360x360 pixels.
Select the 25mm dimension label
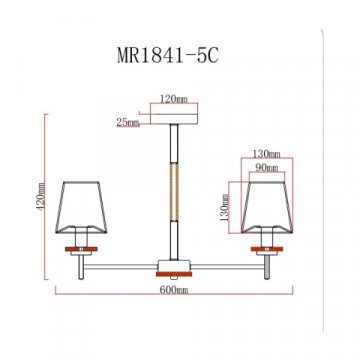point(127,124)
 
